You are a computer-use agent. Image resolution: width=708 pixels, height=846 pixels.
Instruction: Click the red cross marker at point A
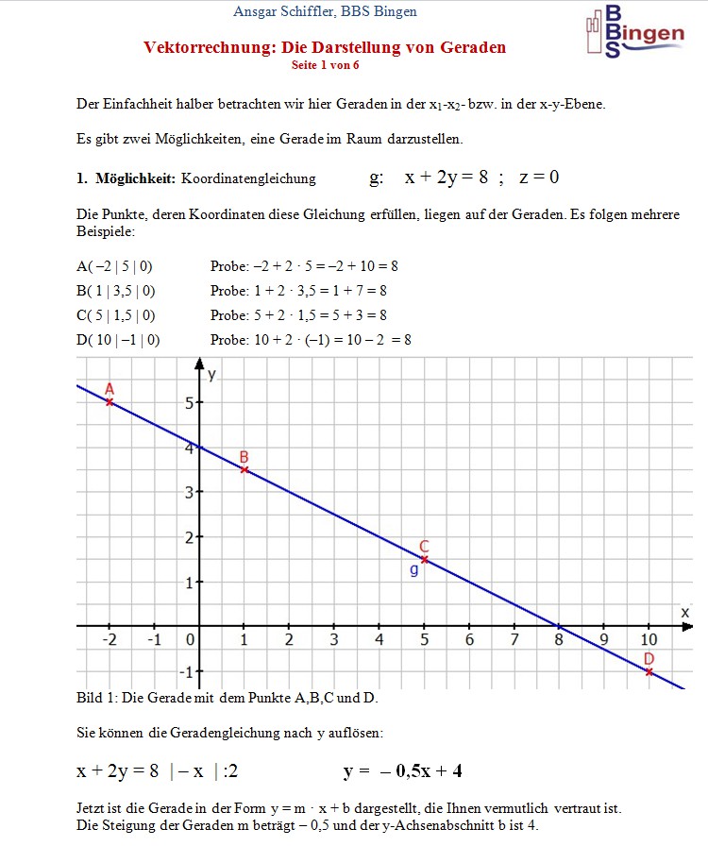point(110,402)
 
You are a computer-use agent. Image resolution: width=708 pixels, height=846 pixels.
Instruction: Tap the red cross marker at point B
point(244,469)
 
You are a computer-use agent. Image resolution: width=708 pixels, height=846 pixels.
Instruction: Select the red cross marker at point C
point(424,560)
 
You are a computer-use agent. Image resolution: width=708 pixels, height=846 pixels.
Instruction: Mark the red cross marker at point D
point(649,671)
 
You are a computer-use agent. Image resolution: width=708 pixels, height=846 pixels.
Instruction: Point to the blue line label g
point(413,570)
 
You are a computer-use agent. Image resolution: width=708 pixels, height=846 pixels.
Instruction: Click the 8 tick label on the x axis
point(559,640)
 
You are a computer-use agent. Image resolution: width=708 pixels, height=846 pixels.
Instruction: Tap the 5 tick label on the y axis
point(188,403)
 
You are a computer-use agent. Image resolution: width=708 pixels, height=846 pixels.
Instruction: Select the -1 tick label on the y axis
point(185,672)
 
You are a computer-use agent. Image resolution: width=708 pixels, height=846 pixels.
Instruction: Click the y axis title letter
point(212,374)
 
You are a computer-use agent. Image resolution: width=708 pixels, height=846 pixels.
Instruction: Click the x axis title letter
point(685,613)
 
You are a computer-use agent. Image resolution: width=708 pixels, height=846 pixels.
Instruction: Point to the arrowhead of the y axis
point(199,364)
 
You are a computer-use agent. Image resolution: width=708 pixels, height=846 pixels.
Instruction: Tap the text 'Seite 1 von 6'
point(326,65)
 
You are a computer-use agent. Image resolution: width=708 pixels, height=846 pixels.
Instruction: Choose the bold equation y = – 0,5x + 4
point(403,771)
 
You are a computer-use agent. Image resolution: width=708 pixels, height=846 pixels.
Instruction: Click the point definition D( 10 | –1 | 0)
point(118,340)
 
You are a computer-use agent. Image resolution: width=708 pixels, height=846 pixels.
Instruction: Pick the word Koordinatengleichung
point(248,178)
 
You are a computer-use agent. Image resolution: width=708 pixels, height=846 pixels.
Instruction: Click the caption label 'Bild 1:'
point(95,698)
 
